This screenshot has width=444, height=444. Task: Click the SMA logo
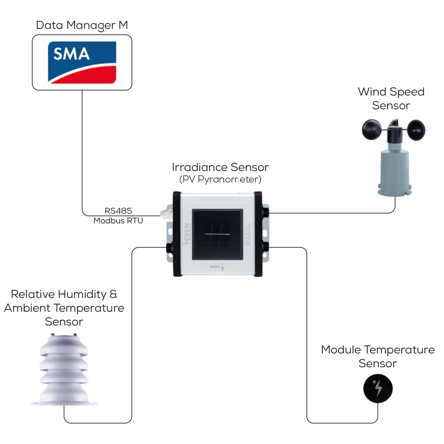coord(82,62)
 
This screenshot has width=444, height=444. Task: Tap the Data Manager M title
coord(82,25)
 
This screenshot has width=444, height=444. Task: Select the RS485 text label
coord(118,210)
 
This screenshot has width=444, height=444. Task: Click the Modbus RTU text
coord(118,220)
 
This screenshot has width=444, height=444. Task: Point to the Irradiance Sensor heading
coord(220,167)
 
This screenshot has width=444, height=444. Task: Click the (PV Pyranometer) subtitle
coord(220,180)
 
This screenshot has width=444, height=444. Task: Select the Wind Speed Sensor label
coord(391,99)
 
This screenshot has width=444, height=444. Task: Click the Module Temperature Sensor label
coord(377,357)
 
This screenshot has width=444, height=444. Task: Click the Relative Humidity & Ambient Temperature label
coord(64,308)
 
